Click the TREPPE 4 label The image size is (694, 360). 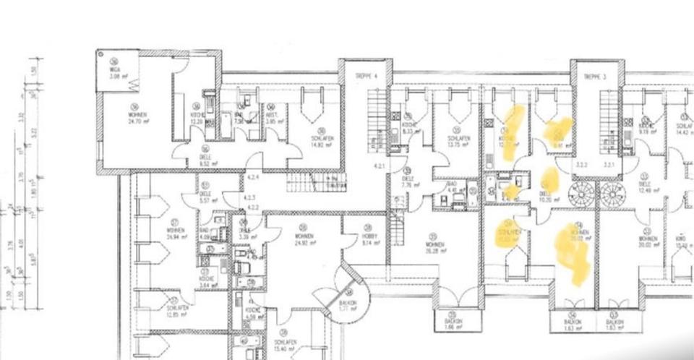point(363,76)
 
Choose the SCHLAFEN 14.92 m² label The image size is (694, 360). point(321,141)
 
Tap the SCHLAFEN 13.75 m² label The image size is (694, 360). point(458,141)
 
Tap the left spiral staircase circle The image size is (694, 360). point(582,194)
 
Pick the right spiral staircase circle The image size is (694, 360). point(612,194)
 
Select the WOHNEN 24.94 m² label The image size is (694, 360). point(175,233)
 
